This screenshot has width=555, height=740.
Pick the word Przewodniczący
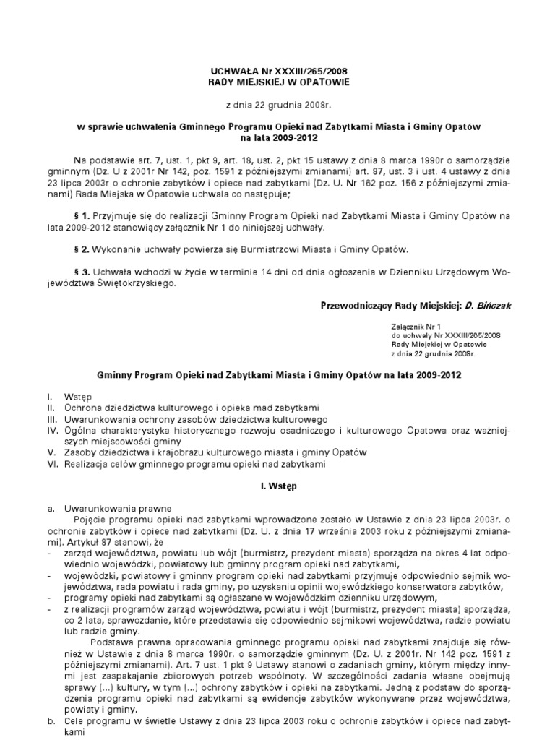pyautogui.click(x=358, y=306)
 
